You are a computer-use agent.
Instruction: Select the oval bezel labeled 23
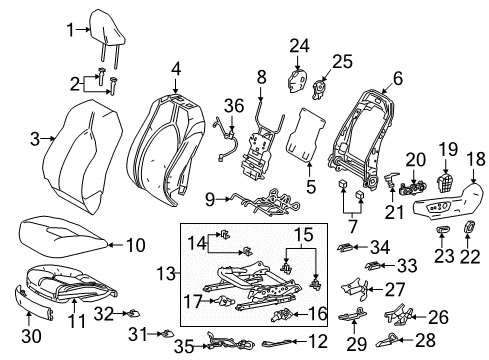[441, 232]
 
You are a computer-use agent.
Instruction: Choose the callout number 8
[261, 74]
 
